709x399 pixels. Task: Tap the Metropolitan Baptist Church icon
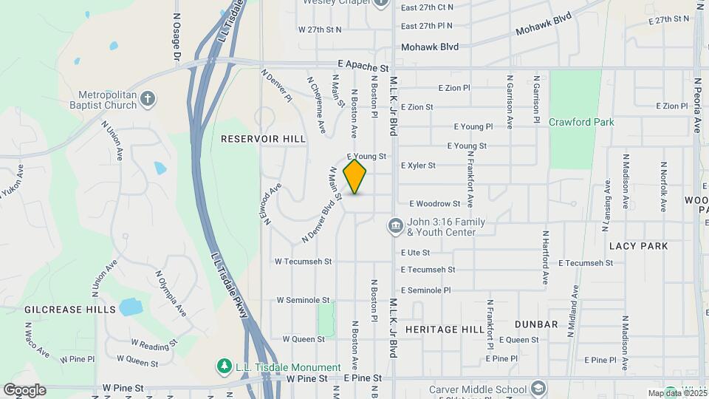coord(148,99)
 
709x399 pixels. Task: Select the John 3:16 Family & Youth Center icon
coord(395,225)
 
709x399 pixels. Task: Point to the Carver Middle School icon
coord(539,389)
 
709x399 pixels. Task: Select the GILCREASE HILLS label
coord(70,309)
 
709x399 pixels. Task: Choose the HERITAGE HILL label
coord(443,329)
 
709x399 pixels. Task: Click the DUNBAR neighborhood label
coord(537,324)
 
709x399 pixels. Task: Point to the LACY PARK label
coord(639,245)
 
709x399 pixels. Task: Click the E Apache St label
coord(363,66)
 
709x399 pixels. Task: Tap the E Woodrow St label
coord(435,203)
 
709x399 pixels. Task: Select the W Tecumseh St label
coord(304,262)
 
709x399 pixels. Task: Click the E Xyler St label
coord(418,166)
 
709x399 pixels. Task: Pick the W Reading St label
coord(154,344)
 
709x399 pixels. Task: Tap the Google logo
coord(24,390)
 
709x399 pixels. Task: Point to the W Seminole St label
coord(303,300)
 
